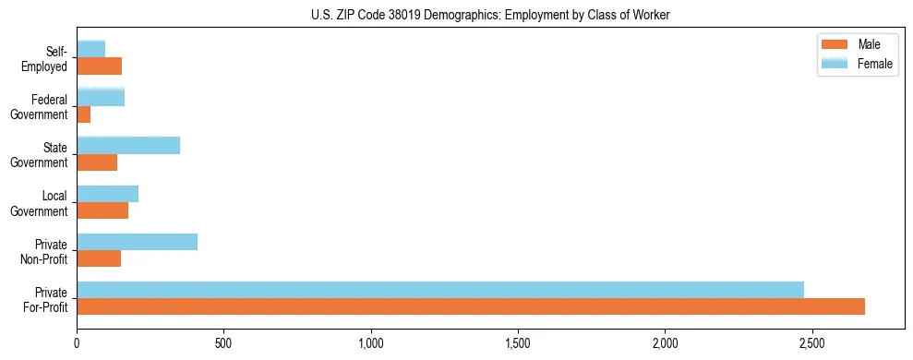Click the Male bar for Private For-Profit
point(471,306)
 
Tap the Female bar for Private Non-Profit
point(137,242)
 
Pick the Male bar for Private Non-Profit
point(99,258)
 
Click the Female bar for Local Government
point(107,194)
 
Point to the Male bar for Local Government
point(102,210)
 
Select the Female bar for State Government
point(128,146)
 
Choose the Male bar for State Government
point(97,162)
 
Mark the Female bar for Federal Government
point(101,98)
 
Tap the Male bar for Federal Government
point(84,114)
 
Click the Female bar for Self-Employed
point(90,49)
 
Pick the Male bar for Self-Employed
point(100,66)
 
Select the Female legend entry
point(856,63)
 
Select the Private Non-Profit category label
point(47,250)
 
